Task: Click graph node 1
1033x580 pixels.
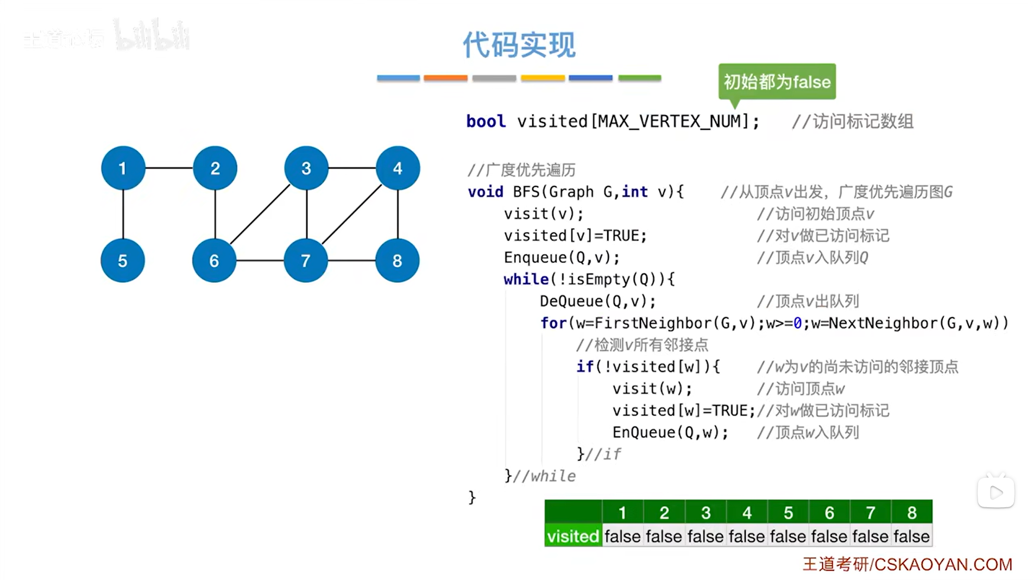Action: click(123, 168)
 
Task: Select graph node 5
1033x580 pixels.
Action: click(123, 261)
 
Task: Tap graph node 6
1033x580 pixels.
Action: click(214, 261)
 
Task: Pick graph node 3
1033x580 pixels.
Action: click(306, 168)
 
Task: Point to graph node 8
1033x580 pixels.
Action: click(397, 261)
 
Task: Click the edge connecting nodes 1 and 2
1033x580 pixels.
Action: click(169, 168)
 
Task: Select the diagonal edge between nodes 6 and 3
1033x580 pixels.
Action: click(260, 214)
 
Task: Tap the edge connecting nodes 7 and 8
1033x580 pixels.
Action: click(351, 261)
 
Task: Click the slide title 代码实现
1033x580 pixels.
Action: click(519, 45)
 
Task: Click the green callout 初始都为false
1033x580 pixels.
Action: click(777, 81)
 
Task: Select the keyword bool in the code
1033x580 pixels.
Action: click(486, 121)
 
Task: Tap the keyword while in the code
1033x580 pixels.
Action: click(526, 279)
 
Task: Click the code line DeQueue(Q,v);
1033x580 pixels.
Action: click(597, 301)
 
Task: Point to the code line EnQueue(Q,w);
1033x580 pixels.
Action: click(670, 432)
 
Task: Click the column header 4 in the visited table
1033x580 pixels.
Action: click(747, 513)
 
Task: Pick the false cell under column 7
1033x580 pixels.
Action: click(870, 537)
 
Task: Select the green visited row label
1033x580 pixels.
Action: click(573, 537)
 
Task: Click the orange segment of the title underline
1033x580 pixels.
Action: click(445, 78)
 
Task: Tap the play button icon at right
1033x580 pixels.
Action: click(996, 493)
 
